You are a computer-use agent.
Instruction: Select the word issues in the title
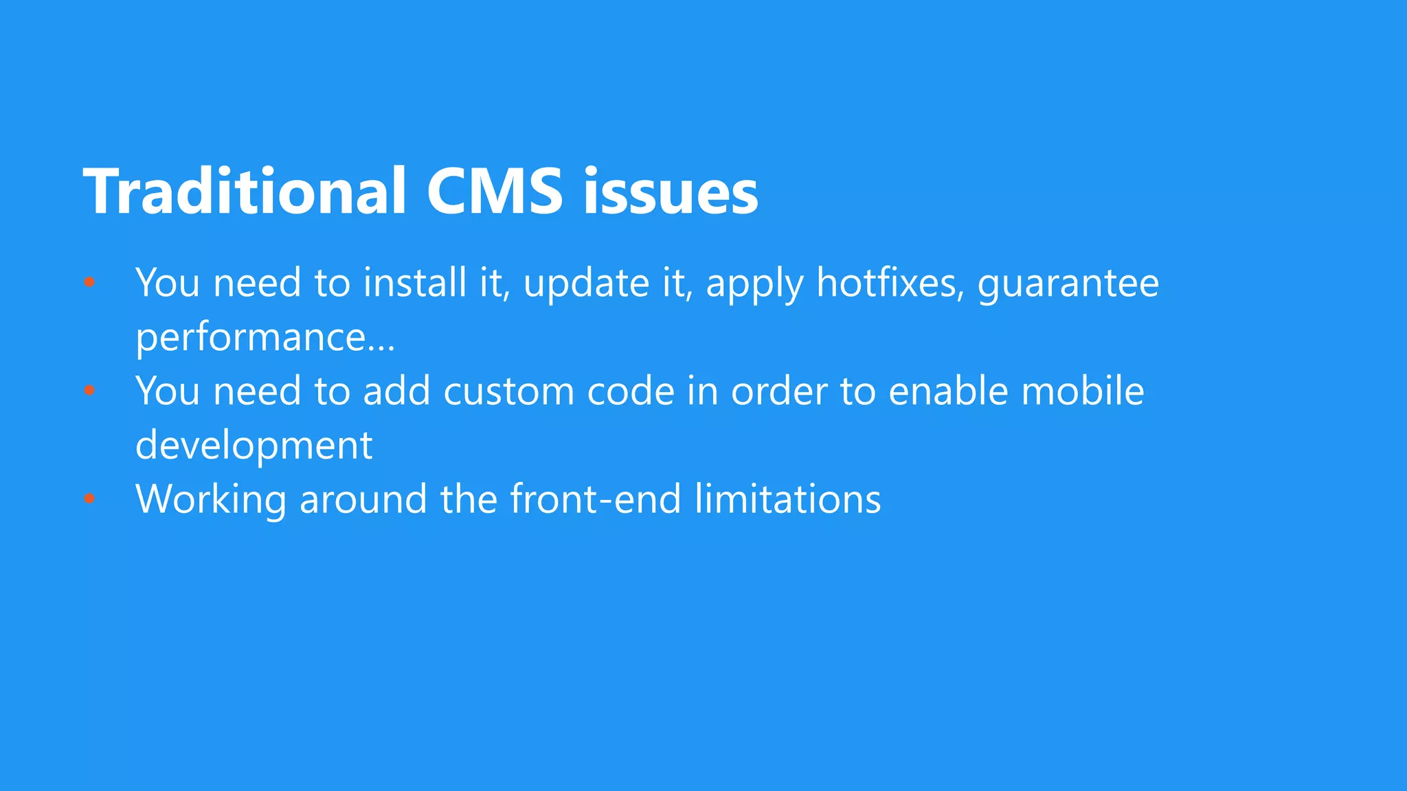pos(671,193)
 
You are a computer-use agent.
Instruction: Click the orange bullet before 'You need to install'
pos(89,282)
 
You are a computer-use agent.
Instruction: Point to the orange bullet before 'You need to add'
pos(89,390)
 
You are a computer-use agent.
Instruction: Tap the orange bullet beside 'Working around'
pos(89,498)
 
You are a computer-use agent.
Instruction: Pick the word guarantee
pos(1068,284)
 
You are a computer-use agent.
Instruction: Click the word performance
pos(251,338)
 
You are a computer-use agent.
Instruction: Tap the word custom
pos(508,391)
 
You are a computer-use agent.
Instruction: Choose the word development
pos(254,446)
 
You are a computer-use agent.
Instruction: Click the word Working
pos(211,499)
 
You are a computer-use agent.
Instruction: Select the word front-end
pos(596,499)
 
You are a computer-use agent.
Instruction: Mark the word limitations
pos(787,499)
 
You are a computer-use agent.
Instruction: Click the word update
pos(586,284)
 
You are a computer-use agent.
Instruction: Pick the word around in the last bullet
pos(363,499)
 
